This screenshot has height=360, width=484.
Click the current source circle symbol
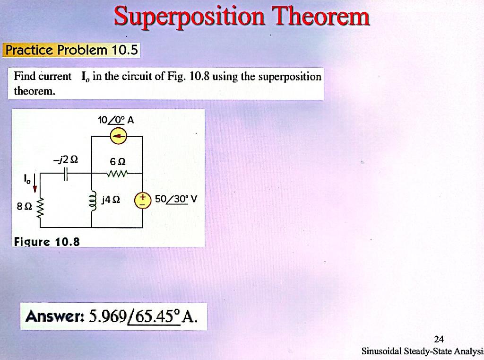[x=117, y=137]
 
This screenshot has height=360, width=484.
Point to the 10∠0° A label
[x=116, y=120]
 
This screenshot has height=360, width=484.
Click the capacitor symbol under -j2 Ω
[x=67, y=175]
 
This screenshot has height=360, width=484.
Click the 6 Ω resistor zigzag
[x=117, y=174]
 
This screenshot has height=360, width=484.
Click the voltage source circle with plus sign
[x=142, y=200]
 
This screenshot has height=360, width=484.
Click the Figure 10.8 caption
[x=47, y=242]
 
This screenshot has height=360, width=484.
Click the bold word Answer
[x=54, y=316]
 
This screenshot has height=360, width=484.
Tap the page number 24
[x=439, y=339]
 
